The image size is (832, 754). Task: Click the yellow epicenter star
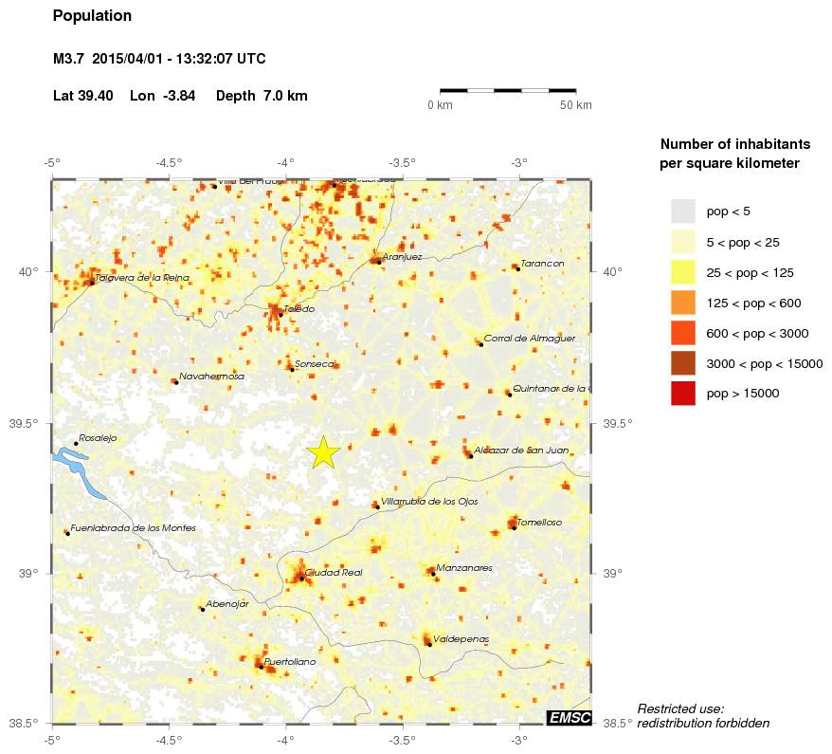pyautogui.click(x=323, y=452)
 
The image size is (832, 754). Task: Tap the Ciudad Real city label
pyautogui.click(x=334, y=572)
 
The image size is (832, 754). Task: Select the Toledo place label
pyautogui.click(x=298, y=308)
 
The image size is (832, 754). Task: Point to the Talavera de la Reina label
pyautogui.click(x=142, y=277)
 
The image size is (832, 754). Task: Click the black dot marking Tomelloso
pyautogui.click(x=515, y=527)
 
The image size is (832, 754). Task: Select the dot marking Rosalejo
pyautogui.click(x=76, y=443)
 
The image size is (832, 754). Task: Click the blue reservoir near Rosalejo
pyautogui.click(x=71, y=464)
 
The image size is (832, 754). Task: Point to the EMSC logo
pyautogui.click(x=569, y=718)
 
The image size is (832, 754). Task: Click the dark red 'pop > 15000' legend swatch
pyautogui.click(x=682, y=393)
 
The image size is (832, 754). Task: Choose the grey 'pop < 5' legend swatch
pyautogui.click(x=682, y=211)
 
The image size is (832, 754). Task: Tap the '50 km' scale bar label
pyautogui.click(x=576, y=104)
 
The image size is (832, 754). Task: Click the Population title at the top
pyautogui.click(x=92, y=16)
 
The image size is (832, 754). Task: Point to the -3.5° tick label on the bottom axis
pyautogui.click(x=403, y=739)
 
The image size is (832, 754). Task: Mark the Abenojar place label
pyautogui.click(x=226, y=603)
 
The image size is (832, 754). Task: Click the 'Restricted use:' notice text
pyautogui.click(x=680, y=708)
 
